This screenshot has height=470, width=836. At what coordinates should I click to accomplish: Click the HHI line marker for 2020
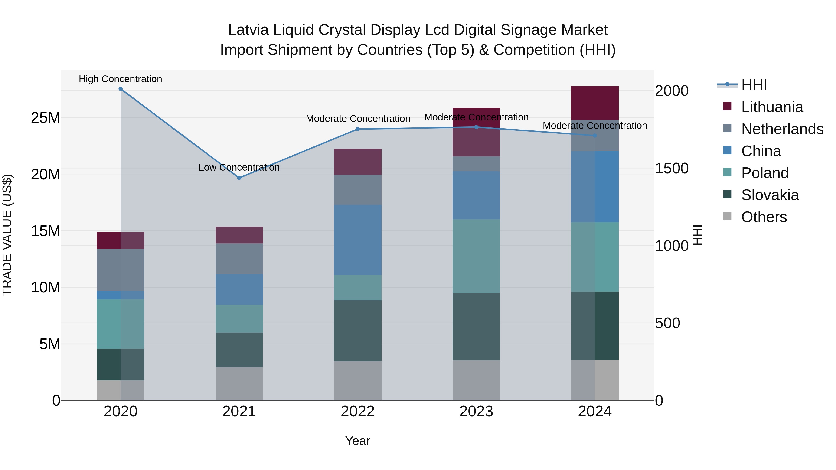[120, 89]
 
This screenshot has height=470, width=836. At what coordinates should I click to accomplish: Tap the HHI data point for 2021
[239, 178]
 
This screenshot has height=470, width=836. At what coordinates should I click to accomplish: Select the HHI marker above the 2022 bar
[358, 129]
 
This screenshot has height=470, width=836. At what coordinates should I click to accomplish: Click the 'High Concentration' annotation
[120, 79]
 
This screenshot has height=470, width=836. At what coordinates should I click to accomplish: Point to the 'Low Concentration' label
[239, 167]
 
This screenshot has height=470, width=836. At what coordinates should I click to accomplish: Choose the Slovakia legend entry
[770, 195]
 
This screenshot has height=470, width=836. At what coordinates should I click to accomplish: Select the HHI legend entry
[754, 85]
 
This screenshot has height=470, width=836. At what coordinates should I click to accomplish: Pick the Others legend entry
[764, 217]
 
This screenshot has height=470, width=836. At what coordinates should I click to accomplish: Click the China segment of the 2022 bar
[358, 240]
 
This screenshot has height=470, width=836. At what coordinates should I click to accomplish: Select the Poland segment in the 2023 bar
[476, 256]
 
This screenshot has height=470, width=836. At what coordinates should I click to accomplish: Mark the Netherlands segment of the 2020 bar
[120, 270]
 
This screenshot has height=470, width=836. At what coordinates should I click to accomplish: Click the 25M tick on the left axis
[46, 118]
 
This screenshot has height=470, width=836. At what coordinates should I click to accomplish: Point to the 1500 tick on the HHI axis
[671, 168]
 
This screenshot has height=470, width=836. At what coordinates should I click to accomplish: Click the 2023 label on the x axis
[476, 412]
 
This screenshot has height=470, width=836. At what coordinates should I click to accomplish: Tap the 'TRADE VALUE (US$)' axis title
[7, 235]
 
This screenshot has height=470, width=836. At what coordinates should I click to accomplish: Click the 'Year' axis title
[358, 441]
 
